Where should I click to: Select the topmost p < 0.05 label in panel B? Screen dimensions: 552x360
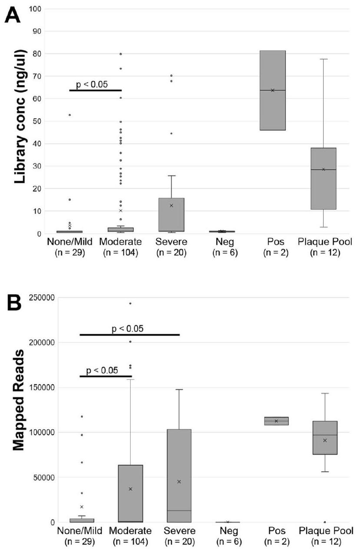click(128, 329)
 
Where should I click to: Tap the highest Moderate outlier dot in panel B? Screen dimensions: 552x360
click(130, 303)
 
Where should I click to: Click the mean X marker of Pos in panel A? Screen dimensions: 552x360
click(273, 90)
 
